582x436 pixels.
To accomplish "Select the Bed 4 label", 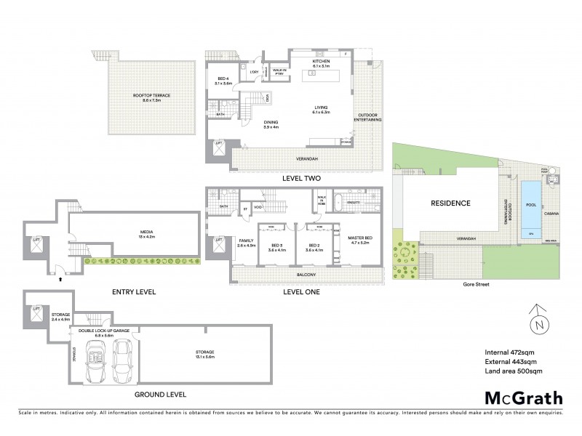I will point(224,81).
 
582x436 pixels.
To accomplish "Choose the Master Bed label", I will point(356,238).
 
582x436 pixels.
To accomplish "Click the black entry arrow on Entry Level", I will point(60,278).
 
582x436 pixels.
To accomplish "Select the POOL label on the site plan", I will point(529,206).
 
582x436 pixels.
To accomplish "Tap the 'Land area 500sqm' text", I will point(508,371).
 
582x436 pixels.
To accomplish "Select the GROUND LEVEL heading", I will point(160,395).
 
